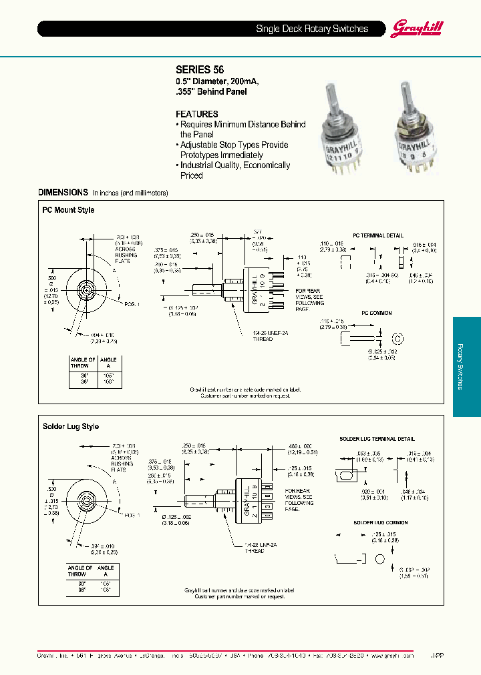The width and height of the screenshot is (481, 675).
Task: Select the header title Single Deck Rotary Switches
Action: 312,29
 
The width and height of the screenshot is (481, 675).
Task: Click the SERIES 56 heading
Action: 200,69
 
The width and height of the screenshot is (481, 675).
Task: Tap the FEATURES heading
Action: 196,114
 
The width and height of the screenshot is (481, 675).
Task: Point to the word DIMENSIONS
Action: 63,192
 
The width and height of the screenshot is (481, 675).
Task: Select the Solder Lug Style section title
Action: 71,426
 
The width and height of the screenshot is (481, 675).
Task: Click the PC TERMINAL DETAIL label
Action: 377,235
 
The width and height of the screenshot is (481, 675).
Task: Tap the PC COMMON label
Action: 377,313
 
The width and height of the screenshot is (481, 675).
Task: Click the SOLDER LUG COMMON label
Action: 373,522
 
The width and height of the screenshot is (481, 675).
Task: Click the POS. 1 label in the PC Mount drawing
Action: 131,304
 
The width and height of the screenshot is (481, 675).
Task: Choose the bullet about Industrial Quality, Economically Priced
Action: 233,170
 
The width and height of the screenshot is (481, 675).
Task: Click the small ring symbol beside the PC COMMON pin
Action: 398,336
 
